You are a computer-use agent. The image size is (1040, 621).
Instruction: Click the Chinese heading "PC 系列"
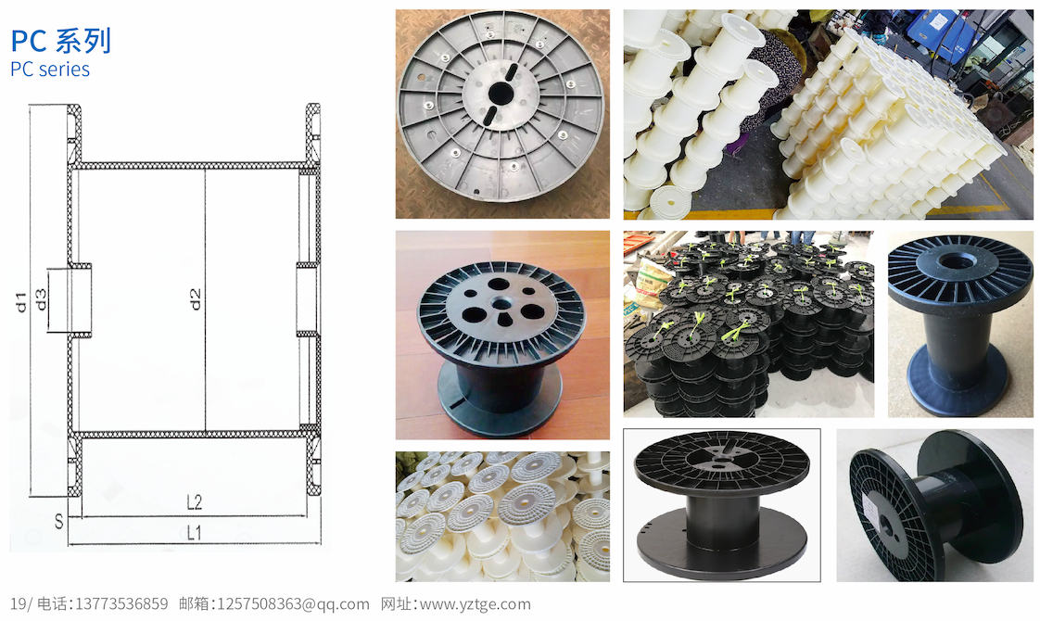coord(60,41)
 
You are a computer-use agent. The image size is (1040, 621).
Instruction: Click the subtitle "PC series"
coord(50,69)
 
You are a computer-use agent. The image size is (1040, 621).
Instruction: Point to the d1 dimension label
coord(20,302)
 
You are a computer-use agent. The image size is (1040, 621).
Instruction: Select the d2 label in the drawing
coord(195,299)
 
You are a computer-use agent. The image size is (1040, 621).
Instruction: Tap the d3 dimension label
coord(41,299)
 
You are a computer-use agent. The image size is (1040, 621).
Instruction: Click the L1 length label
coord(194,533)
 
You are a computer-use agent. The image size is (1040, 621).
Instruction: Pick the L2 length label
coord(194,502)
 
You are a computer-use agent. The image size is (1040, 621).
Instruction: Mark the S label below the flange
coord(59,522)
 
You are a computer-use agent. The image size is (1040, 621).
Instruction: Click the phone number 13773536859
coord(121,603)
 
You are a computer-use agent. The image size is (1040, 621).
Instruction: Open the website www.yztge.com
coord(475,603)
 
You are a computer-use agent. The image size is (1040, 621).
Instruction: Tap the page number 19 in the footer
coord(18,603)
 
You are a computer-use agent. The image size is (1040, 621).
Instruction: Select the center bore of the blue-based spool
coord(955,260)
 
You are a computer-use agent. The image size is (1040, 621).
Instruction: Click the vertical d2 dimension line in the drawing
coord(205,300)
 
